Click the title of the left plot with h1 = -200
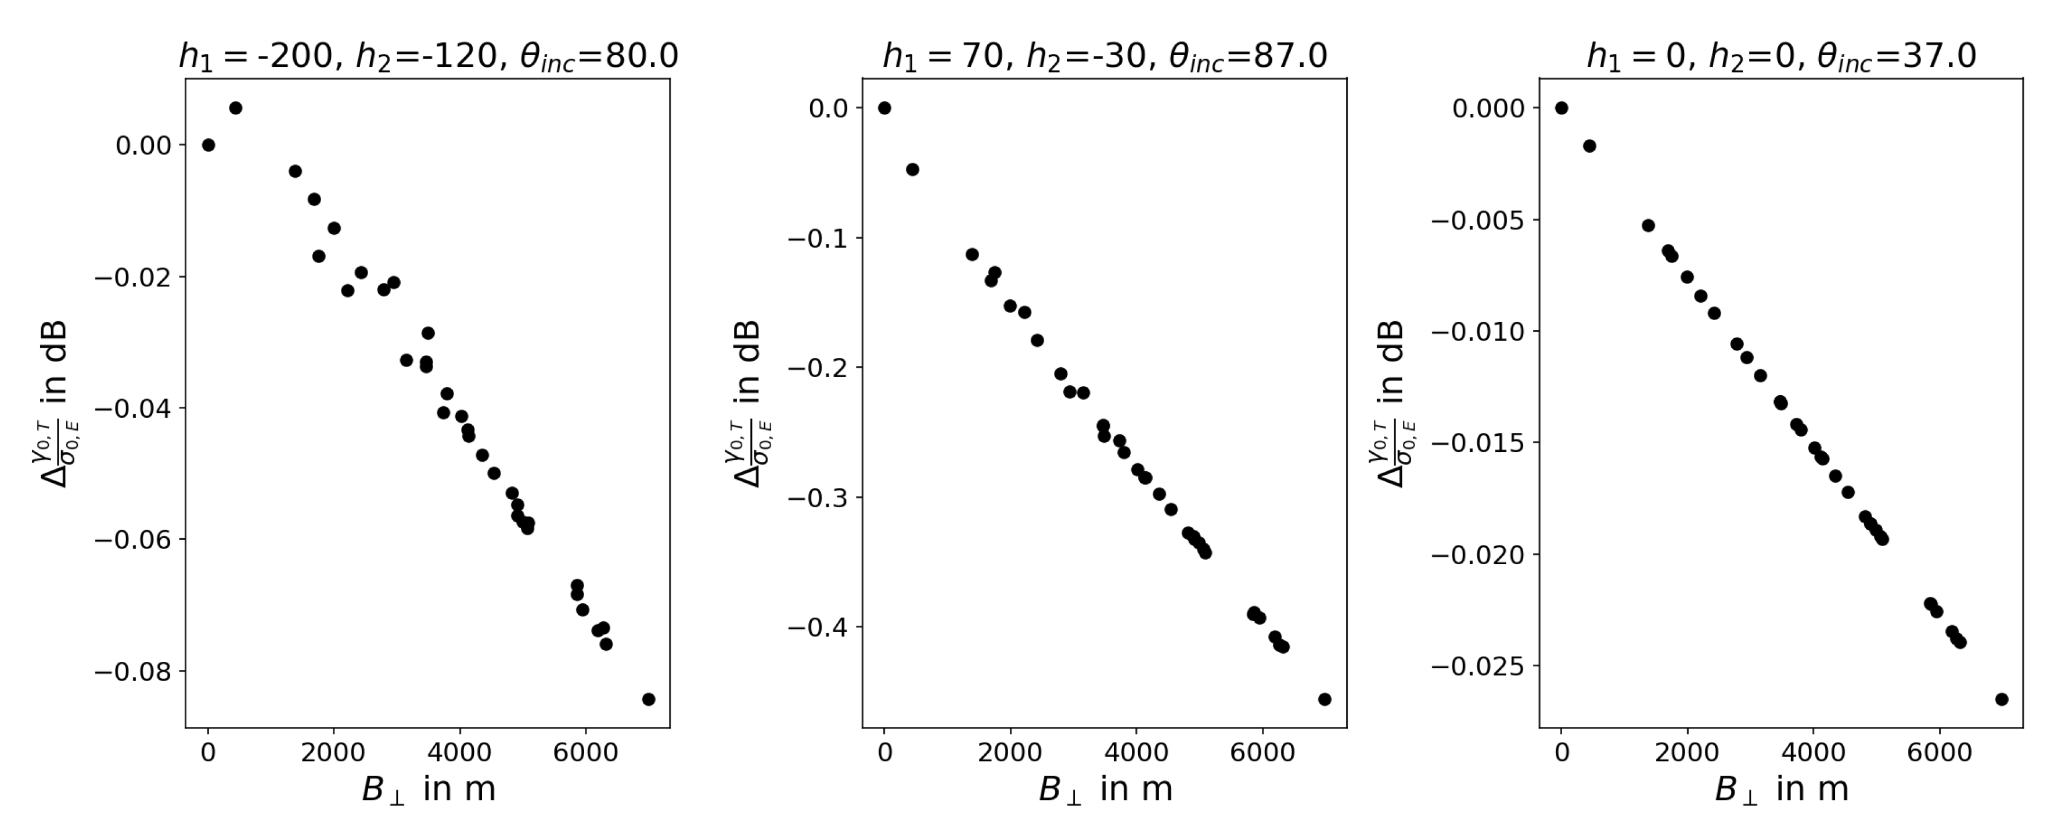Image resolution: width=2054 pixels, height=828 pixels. (x=428, y=56)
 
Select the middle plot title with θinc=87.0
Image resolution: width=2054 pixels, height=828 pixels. (x=1105, y=56)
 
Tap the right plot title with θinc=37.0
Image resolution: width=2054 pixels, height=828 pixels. (x=1781, y=56)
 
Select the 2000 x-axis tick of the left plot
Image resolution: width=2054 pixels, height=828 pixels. (x=333, y=752)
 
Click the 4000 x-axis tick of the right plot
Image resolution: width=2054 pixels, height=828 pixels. (x=1813, y=752)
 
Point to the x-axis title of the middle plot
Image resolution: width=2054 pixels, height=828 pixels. (x=1105, y=789)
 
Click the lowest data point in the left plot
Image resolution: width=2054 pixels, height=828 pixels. (x=648, y=700)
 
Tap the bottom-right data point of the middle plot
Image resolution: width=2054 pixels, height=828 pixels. (x=1325, y=700)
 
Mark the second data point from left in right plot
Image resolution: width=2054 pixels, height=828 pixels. (x=1589, y=146)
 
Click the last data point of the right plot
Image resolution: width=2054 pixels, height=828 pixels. (x=2001, y=700)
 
